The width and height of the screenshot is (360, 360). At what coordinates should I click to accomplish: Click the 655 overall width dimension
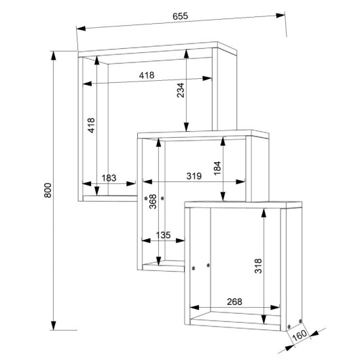180,16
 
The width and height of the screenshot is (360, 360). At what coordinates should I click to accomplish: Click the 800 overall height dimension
48,190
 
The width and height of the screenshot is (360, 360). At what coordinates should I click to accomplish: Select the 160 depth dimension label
300,336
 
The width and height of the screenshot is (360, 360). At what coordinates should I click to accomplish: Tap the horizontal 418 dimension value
147,75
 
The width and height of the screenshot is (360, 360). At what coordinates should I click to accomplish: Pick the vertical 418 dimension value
91,126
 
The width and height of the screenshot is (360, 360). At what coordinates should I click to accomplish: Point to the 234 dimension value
181,90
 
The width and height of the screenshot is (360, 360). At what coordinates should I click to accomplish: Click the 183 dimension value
109,178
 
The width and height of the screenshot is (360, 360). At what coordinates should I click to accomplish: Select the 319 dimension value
194,176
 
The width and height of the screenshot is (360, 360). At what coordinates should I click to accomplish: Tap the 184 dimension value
217,168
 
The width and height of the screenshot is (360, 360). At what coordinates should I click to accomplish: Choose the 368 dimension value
153,201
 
